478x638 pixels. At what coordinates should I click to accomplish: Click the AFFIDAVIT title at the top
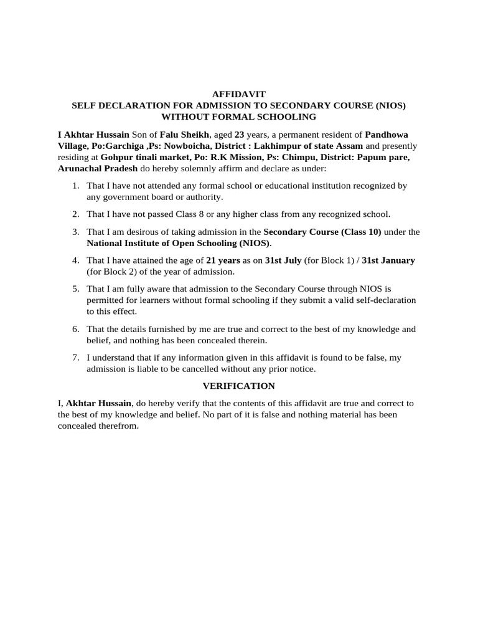coord(238,94)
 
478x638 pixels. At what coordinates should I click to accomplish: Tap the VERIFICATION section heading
coord(238,386)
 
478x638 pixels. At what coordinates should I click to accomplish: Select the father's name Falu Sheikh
coord(184,135)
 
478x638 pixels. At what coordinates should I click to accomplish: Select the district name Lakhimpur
coord(289,146)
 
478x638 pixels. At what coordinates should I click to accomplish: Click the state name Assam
coord(349,146)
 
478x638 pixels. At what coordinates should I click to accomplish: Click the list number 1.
coord(75,186)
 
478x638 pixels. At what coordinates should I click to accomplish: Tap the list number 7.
coord(75,358)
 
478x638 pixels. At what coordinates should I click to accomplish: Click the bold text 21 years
coord(223,260)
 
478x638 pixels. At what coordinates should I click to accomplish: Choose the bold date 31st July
coord(283,260)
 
